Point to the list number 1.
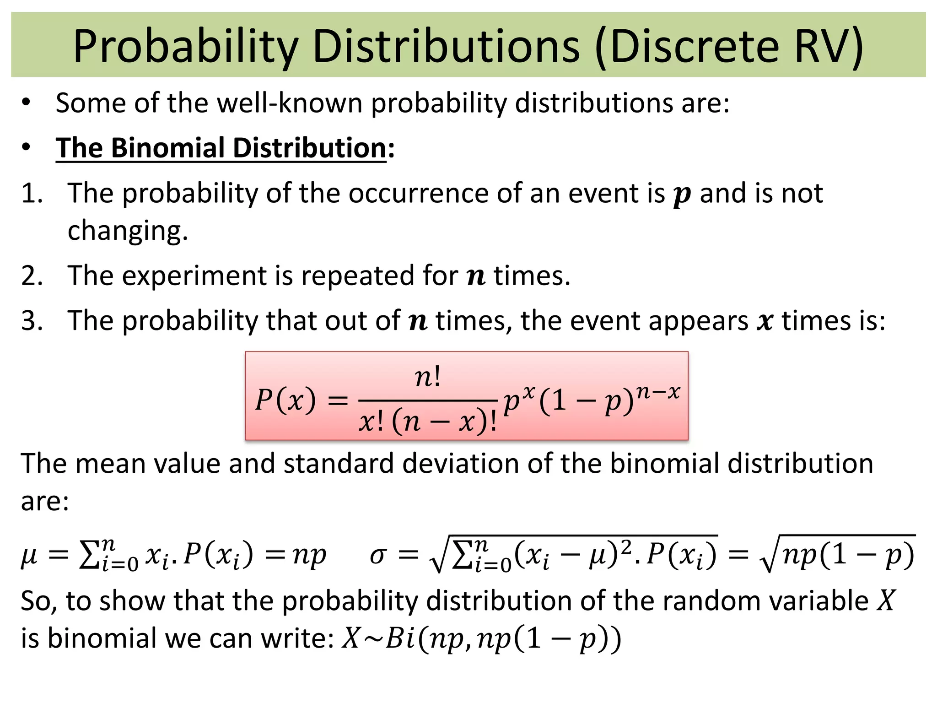[x=32, y=193]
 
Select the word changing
[x=128, y=231]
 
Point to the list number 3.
[x=32, y=320]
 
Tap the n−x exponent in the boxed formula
[x=658, y=392]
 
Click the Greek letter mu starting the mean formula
[x=29, y=556]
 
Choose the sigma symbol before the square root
[x=378, y=555]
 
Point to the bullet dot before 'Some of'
[x=26, y=103]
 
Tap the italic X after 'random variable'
[x=886, y=600]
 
